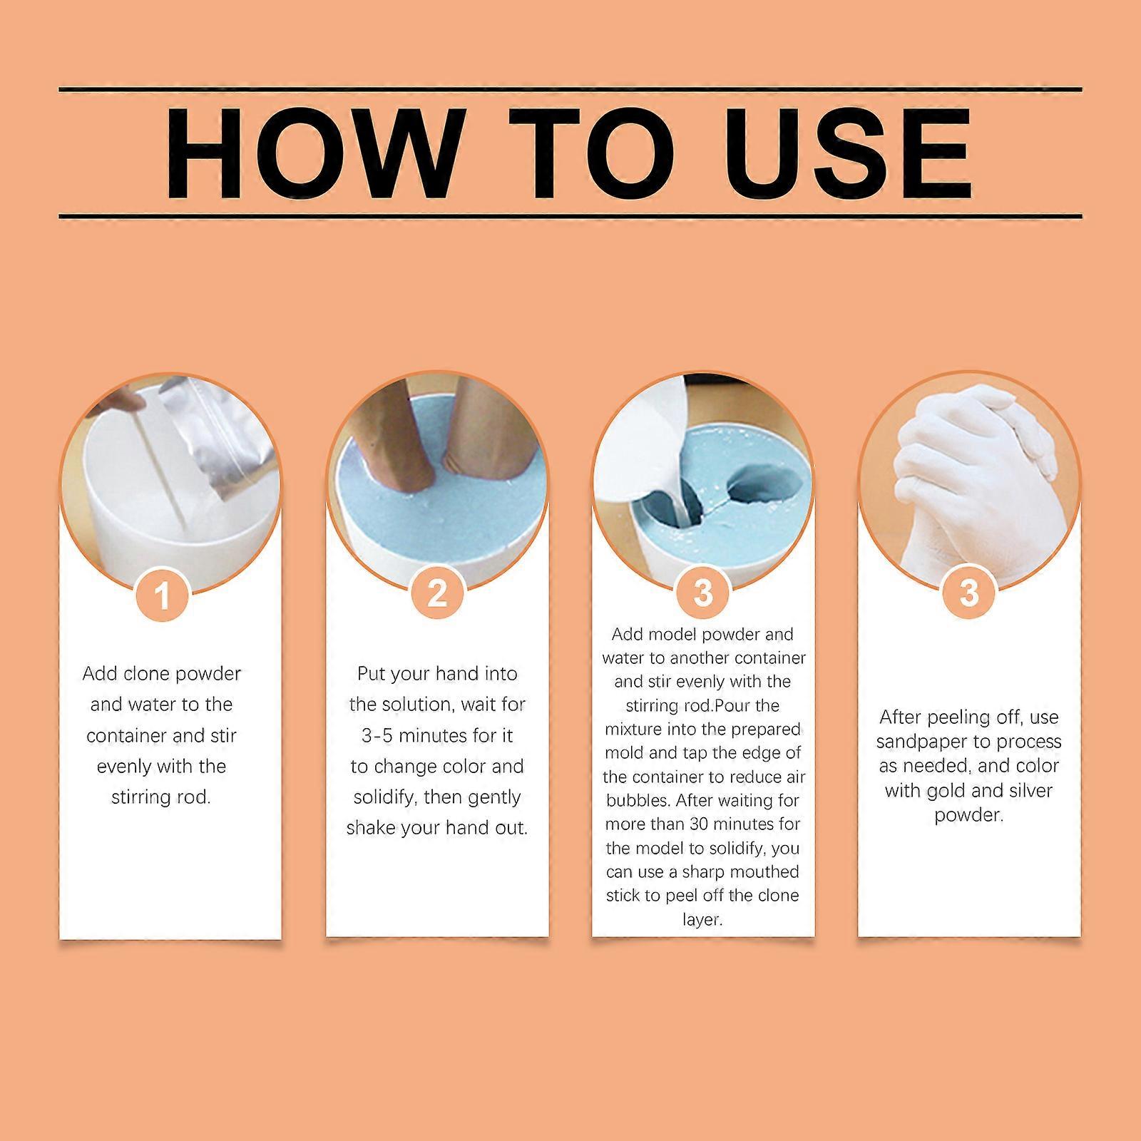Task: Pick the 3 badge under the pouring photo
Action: click(x=703, y=593)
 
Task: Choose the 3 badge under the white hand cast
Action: click(x=969, y=593)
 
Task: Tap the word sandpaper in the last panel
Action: click(x=923, y=742)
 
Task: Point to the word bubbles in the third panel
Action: click(x=637, y=801)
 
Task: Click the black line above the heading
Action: click(x=570, y=90)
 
